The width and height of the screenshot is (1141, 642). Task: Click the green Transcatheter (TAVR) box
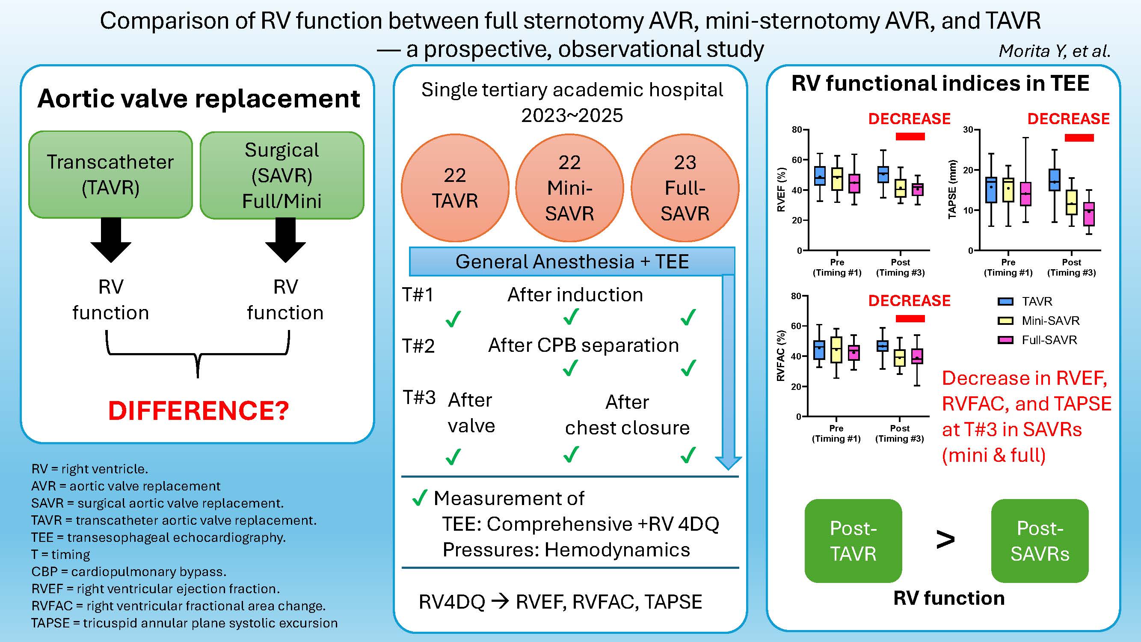point(110,175)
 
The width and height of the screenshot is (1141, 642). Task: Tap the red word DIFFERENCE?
point(199,410)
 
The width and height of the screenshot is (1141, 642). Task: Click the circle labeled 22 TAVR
point(455,188)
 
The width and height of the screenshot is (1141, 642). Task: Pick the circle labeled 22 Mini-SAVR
point(569,188)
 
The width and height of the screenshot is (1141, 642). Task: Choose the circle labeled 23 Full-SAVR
point(685,188)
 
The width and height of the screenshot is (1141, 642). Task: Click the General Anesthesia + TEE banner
point(572,262)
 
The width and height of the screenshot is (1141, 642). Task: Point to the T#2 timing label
point(418,346)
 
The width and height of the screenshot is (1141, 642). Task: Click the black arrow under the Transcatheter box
point(111,240)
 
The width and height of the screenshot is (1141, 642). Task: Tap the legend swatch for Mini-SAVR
point(1005,321)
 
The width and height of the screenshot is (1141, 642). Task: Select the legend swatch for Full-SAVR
point(1005,340)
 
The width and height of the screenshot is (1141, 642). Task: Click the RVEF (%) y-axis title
point(781,190)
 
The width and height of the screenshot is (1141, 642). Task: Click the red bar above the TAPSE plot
point(1079,138)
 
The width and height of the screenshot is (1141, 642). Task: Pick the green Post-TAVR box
point(853,541)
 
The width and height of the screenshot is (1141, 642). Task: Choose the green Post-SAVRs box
point(1040,541)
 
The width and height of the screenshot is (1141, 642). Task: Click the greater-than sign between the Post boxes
point(945,540)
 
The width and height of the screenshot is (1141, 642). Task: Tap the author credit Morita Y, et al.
point(1054,51)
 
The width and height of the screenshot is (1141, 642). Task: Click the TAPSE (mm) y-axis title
point(952,190)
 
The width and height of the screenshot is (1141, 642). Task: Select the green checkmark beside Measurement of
point(419,498)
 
